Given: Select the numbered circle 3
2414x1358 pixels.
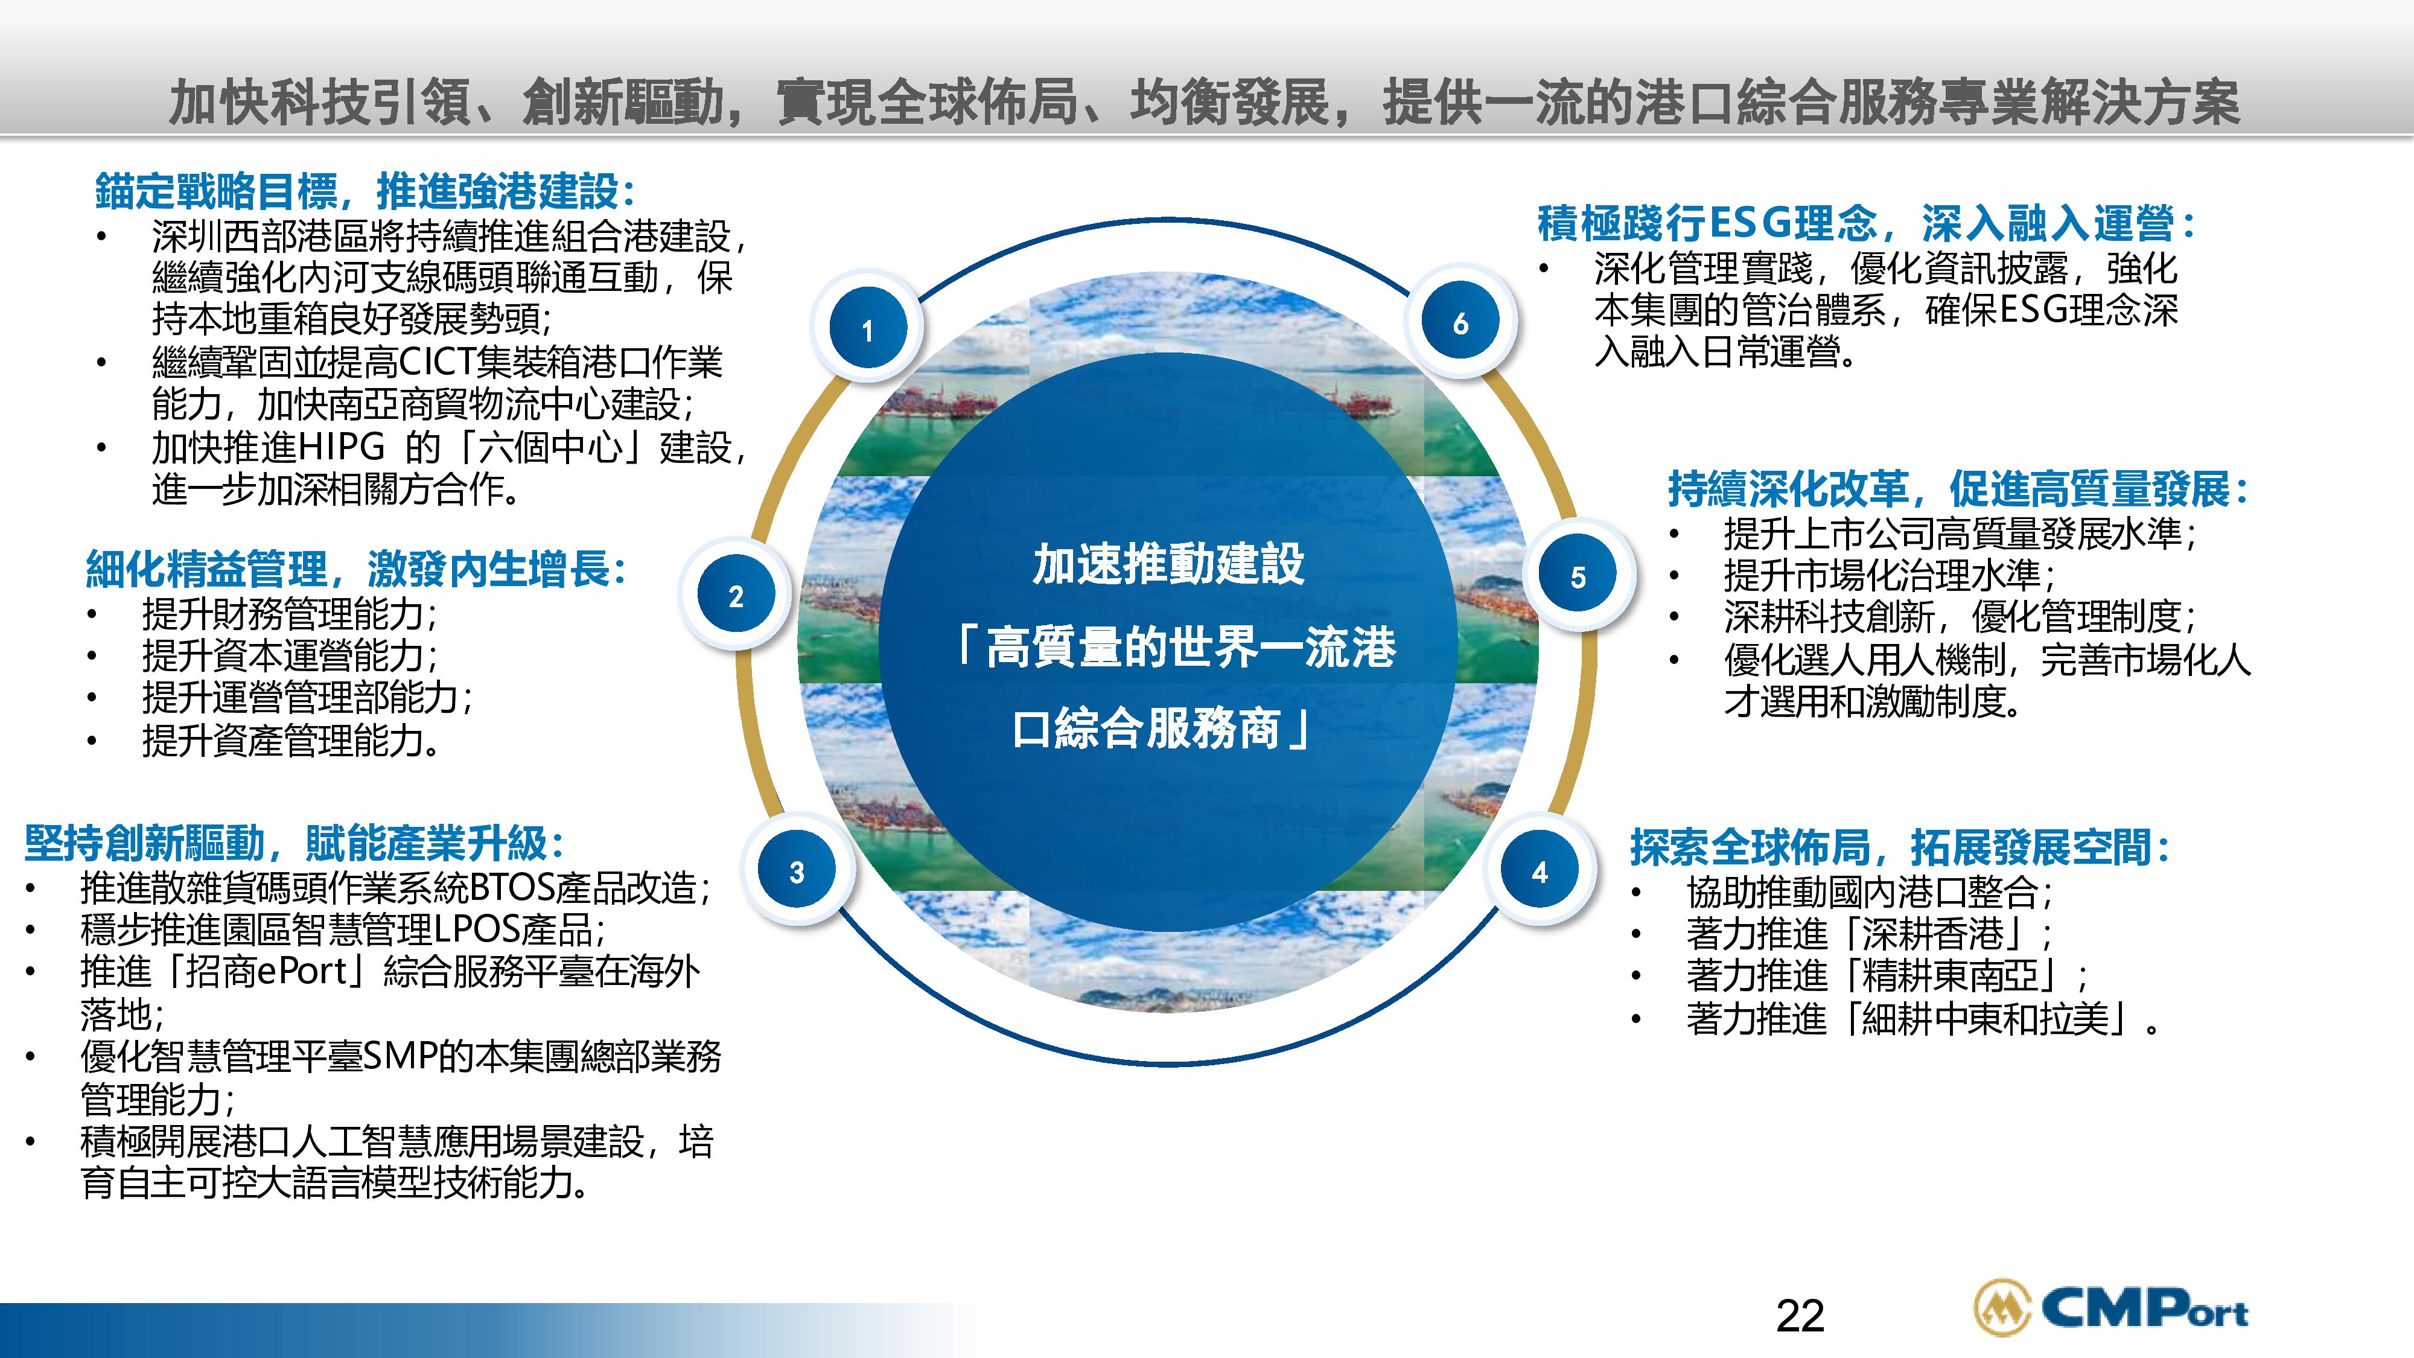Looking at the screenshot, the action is (797, 872).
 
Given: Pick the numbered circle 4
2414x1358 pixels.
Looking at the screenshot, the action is (1539, 872).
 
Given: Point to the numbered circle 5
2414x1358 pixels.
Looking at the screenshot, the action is (1578, 576).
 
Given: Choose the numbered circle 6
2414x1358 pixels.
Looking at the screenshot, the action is (1460, 324).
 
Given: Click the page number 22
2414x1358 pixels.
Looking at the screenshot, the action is (1800, 1316).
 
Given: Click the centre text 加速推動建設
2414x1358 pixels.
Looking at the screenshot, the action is (1168, 564).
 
